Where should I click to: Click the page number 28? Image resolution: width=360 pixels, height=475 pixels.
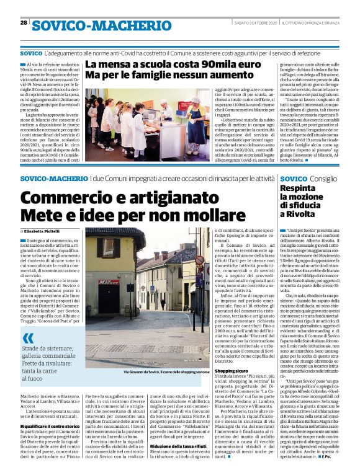pyautogui.click(x=24, y=22)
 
